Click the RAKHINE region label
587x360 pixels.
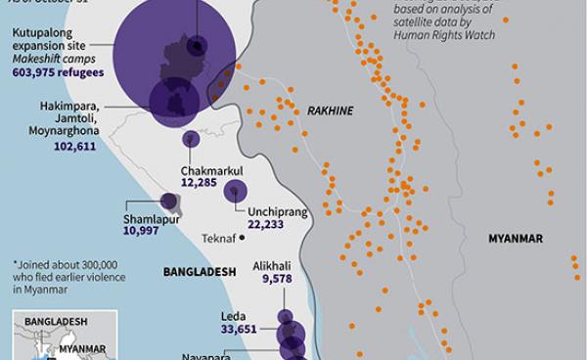(x=330, y=112)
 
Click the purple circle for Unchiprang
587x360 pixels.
(x=235, y=193)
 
